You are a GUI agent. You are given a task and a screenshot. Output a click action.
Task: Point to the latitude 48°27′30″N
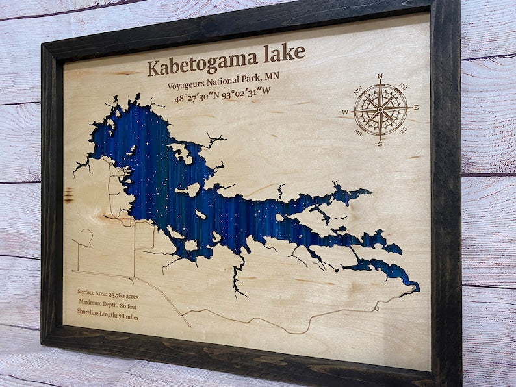click(x=200, y=98)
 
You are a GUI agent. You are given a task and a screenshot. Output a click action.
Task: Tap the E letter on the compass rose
click(x=416, y=108)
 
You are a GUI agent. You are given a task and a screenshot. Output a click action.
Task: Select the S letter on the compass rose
click(x=380, y=144)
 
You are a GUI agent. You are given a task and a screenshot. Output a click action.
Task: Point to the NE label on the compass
click(x=402, y=86)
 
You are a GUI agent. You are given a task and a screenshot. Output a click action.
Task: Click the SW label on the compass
click(x=357, y=132)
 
